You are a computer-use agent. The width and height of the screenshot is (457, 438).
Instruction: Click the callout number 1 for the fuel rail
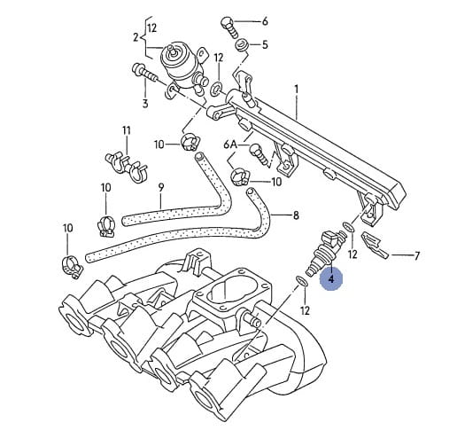tap(296, 90)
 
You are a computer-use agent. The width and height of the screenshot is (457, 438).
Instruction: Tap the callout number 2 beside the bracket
tap(136, 37)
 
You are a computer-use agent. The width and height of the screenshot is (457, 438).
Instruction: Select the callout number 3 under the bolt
tap(145, 104)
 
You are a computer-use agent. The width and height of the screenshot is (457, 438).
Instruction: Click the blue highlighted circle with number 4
tap(331, 278)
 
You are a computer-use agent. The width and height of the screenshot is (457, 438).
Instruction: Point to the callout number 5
tap(265, 45)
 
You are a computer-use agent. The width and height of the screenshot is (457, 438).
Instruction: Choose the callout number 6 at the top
tap(265, 21)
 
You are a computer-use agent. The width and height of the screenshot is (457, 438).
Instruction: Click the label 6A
tap(230, 145)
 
